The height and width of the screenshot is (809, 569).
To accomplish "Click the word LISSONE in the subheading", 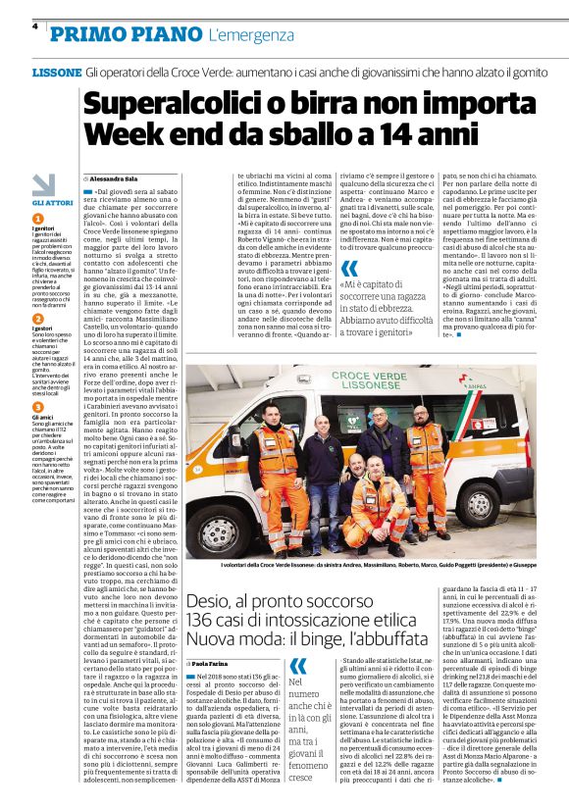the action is point(57,74).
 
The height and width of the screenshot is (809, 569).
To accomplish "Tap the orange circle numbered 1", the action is point(37,219).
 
